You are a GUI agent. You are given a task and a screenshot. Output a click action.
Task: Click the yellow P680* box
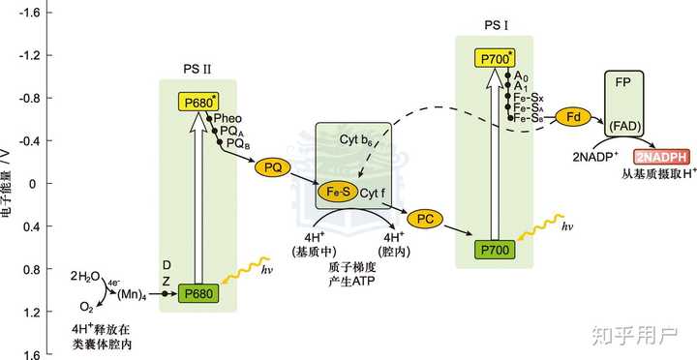(197, 103)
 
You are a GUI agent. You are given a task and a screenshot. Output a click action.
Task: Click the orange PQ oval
(272, 168)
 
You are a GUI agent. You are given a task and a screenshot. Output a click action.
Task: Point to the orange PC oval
(425, 219)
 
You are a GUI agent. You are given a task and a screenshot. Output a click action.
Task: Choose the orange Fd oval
(572, 117)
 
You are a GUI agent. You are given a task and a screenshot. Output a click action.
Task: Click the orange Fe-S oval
(336, 193)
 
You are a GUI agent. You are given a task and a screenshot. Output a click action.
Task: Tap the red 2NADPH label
(662, 157)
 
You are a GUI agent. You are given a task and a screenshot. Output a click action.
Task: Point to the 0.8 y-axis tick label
(29, 269)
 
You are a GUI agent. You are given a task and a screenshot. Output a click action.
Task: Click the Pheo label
(228, 119)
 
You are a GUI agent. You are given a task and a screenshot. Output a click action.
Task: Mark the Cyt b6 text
(355, 139)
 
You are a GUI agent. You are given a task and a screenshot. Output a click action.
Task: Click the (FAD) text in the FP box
(624, 126)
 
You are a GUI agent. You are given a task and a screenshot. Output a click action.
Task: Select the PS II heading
(197, 69)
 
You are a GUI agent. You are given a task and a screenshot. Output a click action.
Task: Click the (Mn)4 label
(132, 294)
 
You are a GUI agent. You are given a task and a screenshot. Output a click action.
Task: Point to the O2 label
(87, 307)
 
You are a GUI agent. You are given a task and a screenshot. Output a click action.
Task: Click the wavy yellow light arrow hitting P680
(246, 269)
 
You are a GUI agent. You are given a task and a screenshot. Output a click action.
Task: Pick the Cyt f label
(373, 194)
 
